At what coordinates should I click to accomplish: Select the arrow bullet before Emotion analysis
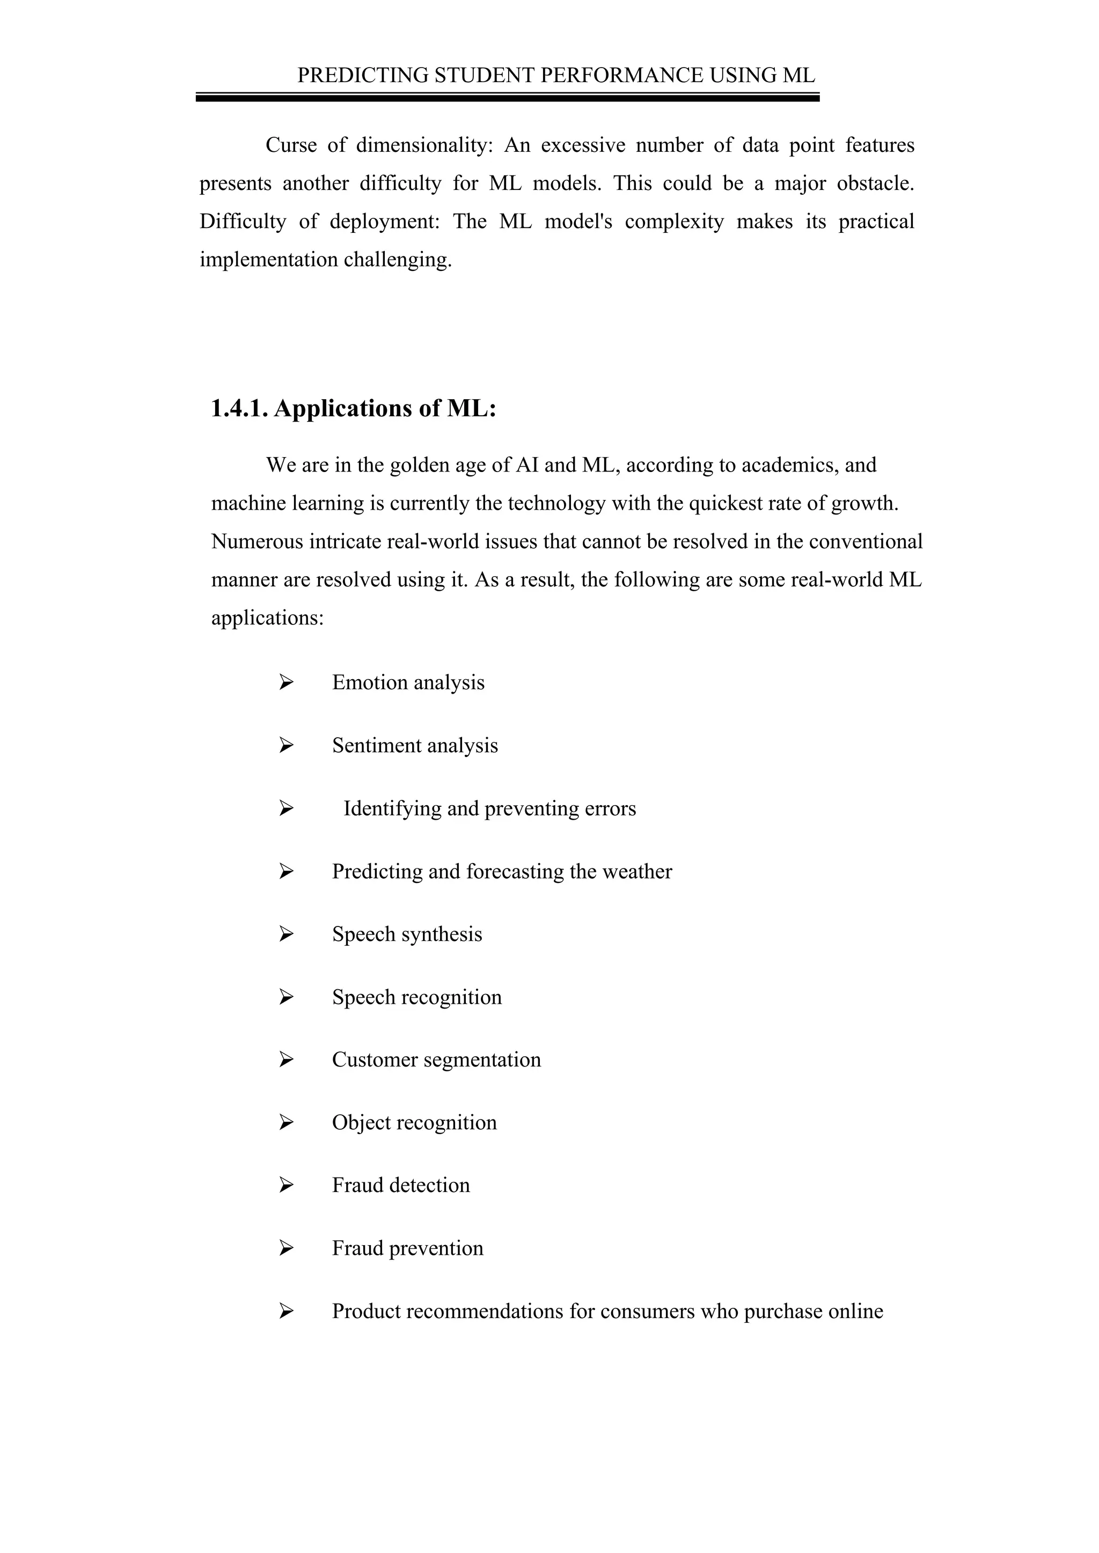click(x=286, y=682)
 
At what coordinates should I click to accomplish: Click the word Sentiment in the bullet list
click(x=371, y=745)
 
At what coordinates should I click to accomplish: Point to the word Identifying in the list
click(x=392, y=808)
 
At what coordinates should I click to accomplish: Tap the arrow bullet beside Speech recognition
click(x=286, y=997)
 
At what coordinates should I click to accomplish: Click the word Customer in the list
click(x=375, y=1060)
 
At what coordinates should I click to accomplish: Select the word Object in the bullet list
click(x=361, y=1123)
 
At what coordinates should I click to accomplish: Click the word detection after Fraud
click(x=430, y=1186)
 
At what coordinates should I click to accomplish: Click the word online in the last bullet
click(x=855, y=1312)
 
